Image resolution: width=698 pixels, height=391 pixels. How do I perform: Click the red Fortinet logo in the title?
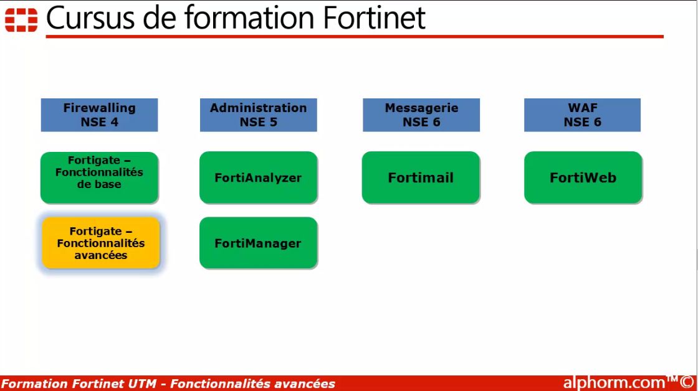pyautogui.click(x=21, y=19)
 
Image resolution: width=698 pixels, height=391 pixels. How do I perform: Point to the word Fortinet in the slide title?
pyautogui.click(x=374, y=18)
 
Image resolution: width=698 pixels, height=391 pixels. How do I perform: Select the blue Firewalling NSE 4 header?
pyautogui.click(x=99, y=115)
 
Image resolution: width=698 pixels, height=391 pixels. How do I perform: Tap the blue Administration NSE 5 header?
pyautogui.click(x=258, y=115)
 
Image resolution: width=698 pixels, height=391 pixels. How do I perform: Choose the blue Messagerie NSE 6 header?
pyautogui.click(x=421, y=115)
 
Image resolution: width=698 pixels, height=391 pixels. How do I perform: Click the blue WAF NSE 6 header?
pyautogui.click(x=582, y=115)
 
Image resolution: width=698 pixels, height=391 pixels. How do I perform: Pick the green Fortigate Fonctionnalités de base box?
pyautogui.click(x=99, y=177)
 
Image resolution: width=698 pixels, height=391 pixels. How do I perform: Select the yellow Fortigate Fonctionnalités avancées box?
pyautogui.click(x=101, y=243)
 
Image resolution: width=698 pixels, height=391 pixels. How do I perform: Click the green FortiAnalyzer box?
pyautogui.click(x=258, y=177)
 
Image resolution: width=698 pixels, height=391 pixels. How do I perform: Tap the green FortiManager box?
pyautogui.click(x=258, y=243)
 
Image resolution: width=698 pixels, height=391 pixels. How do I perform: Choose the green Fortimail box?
pyautogui.click(x=421, y=177)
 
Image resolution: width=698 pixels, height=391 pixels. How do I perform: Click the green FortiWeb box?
pyautogui.click(x=583, y=177)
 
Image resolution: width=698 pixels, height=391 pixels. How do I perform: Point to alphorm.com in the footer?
pyautogui.click(x=613, y=382)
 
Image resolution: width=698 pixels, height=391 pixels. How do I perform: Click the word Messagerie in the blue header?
pyautogui.click(x=421, y=108)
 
